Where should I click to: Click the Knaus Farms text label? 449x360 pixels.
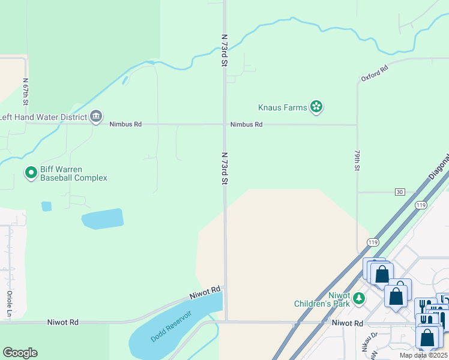282,108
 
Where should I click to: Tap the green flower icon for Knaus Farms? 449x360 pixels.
316,107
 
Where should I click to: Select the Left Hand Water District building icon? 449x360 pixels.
96,117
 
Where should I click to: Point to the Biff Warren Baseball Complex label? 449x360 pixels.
73,173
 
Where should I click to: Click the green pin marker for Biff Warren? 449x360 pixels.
31,173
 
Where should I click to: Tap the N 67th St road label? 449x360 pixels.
26,93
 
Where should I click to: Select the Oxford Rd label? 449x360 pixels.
375,74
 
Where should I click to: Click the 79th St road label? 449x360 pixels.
357,160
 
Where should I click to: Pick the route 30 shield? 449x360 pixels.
400,192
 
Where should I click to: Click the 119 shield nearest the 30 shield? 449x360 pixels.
420,205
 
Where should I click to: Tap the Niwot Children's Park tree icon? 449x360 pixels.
358,298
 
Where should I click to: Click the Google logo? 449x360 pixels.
20,353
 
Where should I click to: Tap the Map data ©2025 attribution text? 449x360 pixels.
423,355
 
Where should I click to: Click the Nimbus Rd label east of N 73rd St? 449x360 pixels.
247,125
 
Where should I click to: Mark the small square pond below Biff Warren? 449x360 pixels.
46,206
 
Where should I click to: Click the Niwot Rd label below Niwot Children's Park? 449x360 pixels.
347,323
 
